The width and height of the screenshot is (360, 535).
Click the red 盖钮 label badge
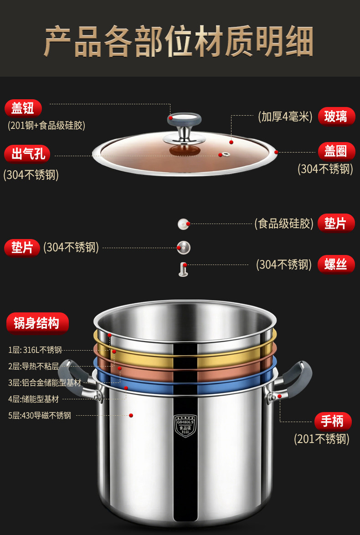[23, 108]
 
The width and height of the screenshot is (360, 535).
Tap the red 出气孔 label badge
[27, 154]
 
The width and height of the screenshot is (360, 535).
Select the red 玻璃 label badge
[336, 117]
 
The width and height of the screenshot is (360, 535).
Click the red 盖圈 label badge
[336, 151]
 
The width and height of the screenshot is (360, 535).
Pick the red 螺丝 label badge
[336, 265]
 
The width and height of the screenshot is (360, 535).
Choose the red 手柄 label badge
[333, 421]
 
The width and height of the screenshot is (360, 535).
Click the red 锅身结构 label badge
[37, 323]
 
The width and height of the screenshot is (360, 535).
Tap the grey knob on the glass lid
[185, 120]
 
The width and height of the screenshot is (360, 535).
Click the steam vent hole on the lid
[225, 154]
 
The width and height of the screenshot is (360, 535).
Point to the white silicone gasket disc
[184, 224]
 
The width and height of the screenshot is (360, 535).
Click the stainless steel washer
[184, 248]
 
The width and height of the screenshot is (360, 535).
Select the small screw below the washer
[183, 269]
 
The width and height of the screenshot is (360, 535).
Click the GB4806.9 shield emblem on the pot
[185, 425]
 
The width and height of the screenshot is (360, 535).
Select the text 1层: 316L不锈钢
[35, 350]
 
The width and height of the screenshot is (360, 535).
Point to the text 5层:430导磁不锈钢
[40, 416]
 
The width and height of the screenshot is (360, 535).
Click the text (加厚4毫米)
[285, 117]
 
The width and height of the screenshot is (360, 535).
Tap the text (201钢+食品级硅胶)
[46, 126]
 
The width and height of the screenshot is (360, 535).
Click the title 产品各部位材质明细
[179, 41]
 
